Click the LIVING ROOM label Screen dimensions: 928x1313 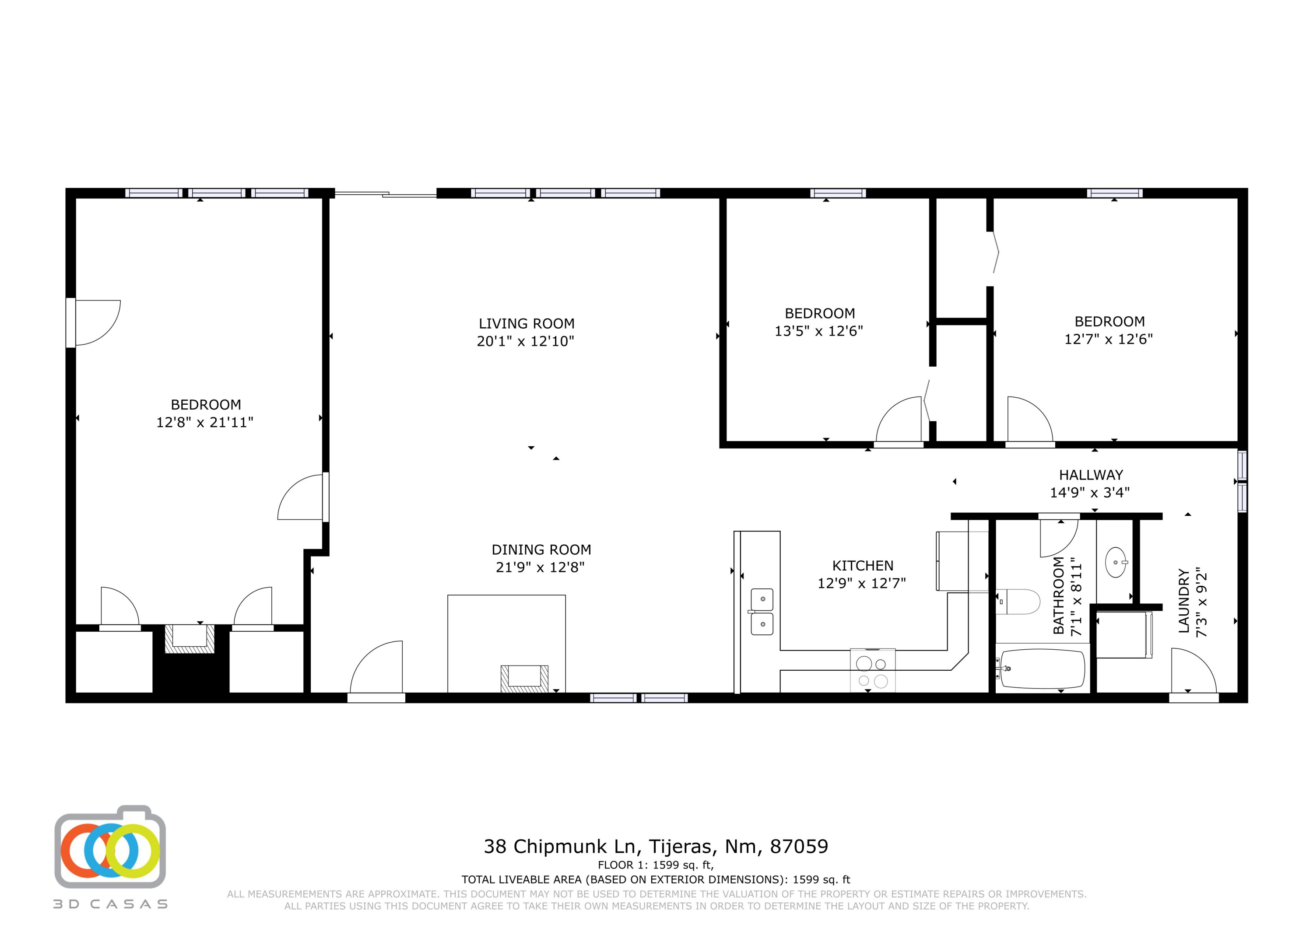coord(526,324)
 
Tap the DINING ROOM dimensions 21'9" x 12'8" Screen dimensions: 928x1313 coord(540,567)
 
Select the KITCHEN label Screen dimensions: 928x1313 coord(862,565)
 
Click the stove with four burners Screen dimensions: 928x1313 coord(872,671)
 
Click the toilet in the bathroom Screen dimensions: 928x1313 coord(1018,602)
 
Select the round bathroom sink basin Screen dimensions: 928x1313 coord(1116,563)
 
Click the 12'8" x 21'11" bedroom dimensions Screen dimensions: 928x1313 coord(205,423)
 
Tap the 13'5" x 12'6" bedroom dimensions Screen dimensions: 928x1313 coord(818,331)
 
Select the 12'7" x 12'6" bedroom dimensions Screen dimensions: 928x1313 coord(1108,339)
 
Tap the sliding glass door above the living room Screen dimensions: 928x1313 coord(386,194)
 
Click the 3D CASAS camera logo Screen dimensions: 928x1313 coord(110,850)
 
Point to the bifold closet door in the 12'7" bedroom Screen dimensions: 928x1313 coord(996,252)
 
